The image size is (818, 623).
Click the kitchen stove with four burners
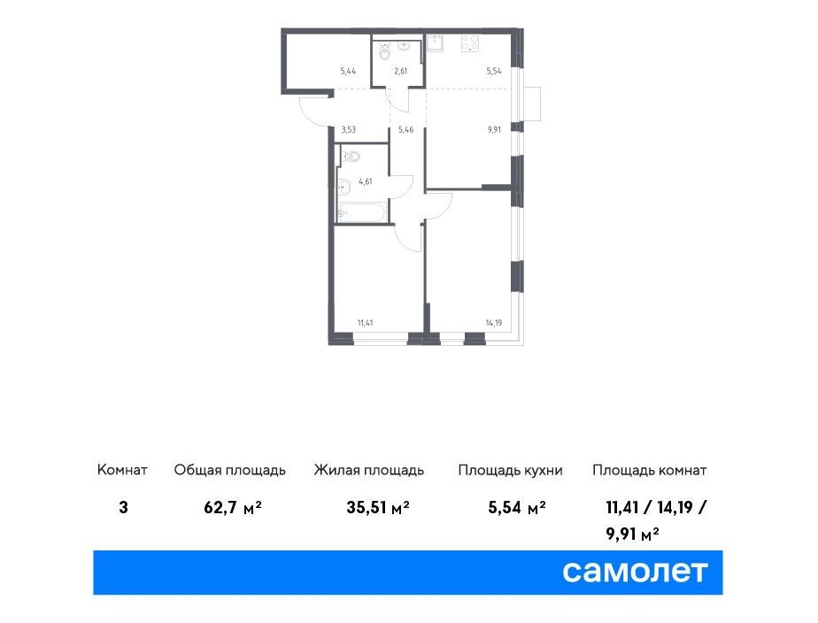pos(470,42)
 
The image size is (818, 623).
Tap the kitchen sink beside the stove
pos(435,42)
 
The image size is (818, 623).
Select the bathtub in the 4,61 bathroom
pos(361,212)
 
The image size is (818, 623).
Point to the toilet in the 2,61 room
pos(385,51)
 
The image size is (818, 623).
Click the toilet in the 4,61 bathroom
pos(351,155)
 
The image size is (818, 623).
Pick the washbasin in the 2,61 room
pos(405,45)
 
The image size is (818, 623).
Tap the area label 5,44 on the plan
pos(348,71)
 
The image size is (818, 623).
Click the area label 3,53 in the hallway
pos(349,129)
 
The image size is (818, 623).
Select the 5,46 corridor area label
pos(405,129)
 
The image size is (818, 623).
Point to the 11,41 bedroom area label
pos(365,322)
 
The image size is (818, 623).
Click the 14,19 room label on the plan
pos(494,323)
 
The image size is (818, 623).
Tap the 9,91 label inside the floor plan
pos(494,129)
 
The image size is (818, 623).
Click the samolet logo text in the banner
pos(635,572)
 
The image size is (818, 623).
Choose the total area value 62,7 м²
pos(233,507)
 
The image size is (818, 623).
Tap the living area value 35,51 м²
pos(378,507)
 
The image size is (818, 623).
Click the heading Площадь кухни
pos(510,470)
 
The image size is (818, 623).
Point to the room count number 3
pos(123,507)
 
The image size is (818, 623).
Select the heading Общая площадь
pos(230,470)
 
